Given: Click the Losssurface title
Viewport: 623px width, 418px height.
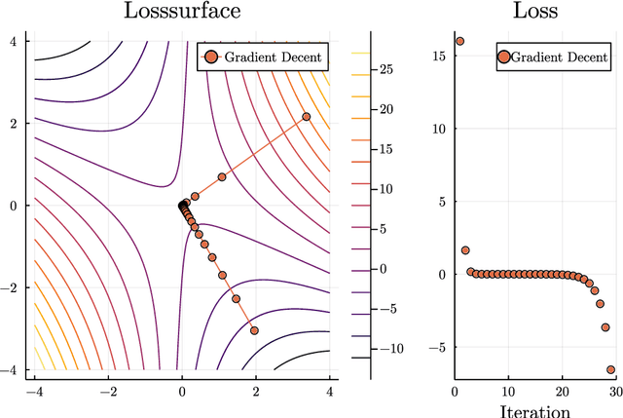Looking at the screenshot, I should [x=182, y=13].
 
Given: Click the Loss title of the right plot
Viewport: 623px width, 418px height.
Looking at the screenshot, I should [x=535, y=13].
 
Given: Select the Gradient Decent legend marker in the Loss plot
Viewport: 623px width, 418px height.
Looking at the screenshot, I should [x=503, y=57].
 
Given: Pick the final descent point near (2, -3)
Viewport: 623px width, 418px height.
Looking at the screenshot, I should [x=254, y=330].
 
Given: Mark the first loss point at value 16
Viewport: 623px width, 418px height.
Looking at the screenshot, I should [x=459, y=41].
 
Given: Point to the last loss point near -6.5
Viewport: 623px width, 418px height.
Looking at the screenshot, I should [x=611, y=369].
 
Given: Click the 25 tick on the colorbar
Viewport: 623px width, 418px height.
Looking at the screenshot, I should [x=386, y=69].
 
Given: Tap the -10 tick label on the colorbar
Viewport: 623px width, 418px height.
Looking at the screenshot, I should [x=389, y=348].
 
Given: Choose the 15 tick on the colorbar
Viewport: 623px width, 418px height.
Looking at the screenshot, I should [x=386, y=149].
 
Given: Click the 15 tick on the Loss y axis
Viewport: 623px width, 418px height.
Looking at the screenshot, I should [x=438, y=57].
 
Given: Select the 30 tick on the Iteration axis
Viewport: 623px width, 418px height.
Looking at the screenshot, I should [x=614, y=391].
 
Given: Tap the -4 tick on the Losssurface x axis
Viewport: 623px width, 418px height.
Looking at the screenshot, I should [x=33, y=392].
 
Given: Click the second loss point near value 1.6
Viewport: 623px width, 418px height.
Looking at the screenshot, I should [x=465, y=250].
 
